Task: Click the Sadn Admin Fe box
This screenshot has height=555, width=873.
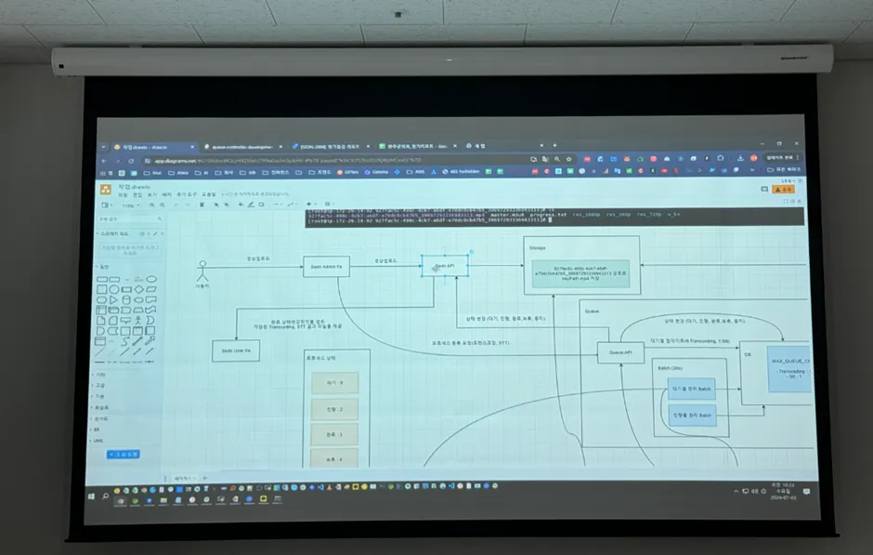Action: (x=326, y=267)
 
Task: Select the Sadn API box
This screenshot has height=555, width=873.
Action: (x=444, y=266)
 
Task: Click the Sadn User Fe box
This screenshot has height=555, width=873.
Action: (x=235, y=350)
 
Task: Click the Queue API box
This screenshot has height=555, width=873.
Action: (x=619, y=353)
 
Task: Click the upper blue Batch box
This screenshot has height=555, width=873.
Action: (x=692, y=388)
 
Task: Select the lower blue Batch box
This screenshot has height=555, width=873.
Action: (x=692, y=416)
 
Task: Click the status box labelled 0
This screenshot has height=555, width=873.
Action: (x=323, y=382)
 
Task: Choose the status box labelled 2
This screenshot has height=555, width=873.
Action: (x=323, y=408)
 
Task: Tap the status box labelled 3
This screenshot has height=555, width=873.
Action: (x=323, y=434)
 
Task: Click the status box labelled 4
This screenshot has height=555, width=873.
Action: (x=323, y=459)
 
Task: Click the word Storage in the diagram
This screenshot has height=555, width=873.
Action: (x=537, y=248)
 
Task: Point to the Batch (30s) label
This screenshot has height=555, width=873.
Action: (x=670, y=368)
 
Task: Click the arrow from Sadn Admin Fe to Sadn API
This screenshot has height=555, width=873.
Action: (x=384, y=268)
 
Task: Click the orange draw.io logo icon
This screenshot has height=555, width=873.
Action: (x=106, y=189)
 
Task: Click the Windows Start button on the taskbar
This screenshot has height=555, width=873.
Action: (x=91, y=496)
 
